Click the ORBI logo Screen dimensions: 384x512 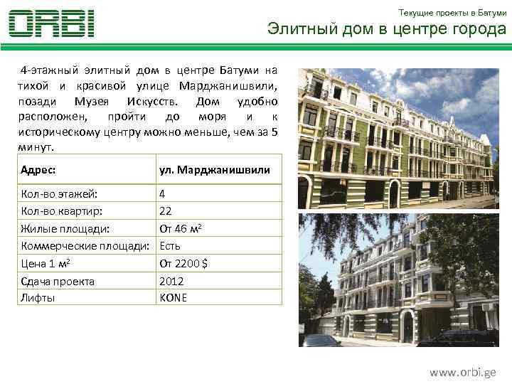tap(51, 23)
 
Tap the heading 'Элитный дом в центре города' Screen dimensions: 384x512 tap(386, 29)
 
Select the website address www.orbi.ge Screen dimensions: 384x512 tap(462, 372)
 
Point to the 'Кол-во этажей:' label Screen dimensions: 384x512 tap(60, 193)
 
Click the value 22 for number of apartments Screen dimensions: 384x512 tap(166, 210)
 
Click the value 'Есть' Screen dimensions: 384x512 tap(170, 246)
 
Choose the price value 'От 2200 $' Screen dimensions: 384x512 tap(183, 263)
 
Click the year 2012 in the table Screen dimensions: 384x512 tap(171, 281)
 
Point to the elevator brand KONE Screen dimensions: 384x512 tap(174, 297)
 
